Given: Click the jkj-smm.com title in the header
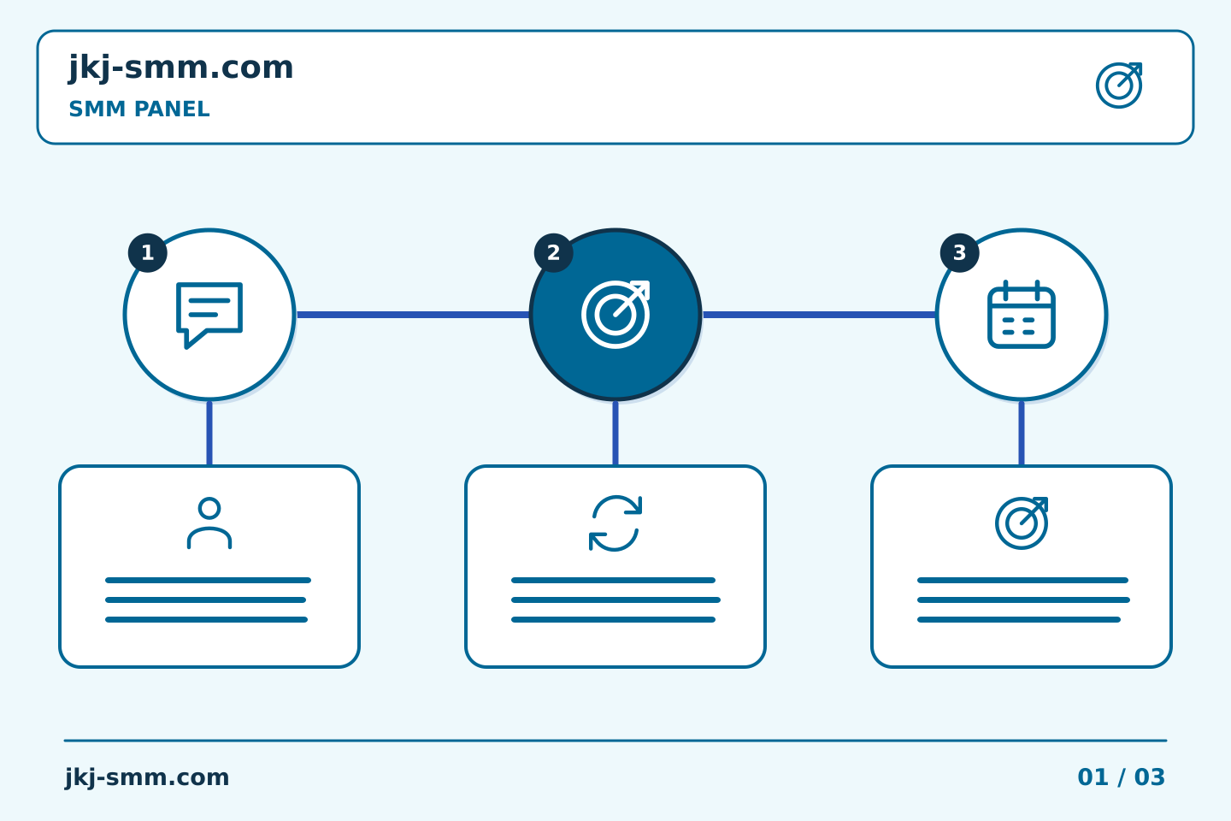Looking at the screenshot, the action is (181, 68).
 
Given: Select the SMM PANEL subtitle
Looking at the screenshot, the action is (139, 109).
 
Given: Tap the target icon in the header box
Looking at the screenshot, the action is (1119, 86).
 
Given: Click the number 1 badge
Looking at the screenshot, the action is (148, 253).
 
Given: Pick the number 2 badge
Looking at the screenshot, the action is (553, 253).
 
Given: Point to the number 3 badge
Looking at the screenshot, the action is (959, 253).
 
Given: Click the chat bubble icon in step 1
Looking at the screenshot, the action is (209, 315).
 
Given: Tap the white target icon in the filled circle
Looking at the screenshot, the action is (615, 314).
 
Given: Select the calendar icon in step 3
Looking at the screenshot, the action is (1021, 314).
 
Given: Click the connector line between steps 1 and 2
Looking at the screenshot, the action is (413, 315).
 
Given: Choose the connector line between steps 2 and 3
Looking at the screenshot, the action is (819, 315).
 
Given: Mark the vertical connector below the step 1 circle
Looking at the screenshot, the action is (209, 434).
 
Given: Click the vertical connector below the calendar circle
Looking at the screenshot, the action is (1021, 434).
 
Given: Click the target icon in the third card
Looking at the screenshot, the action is (1021, 523).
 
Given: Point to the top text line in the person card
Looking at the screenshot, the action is (209, 580).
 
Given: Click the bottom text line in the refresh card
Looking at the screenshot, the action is (613, 620).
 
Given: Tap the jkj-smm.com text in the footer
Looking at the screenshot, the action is (147, 777).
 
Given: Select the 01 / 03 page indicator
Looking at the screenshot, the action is (1121, 777).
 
